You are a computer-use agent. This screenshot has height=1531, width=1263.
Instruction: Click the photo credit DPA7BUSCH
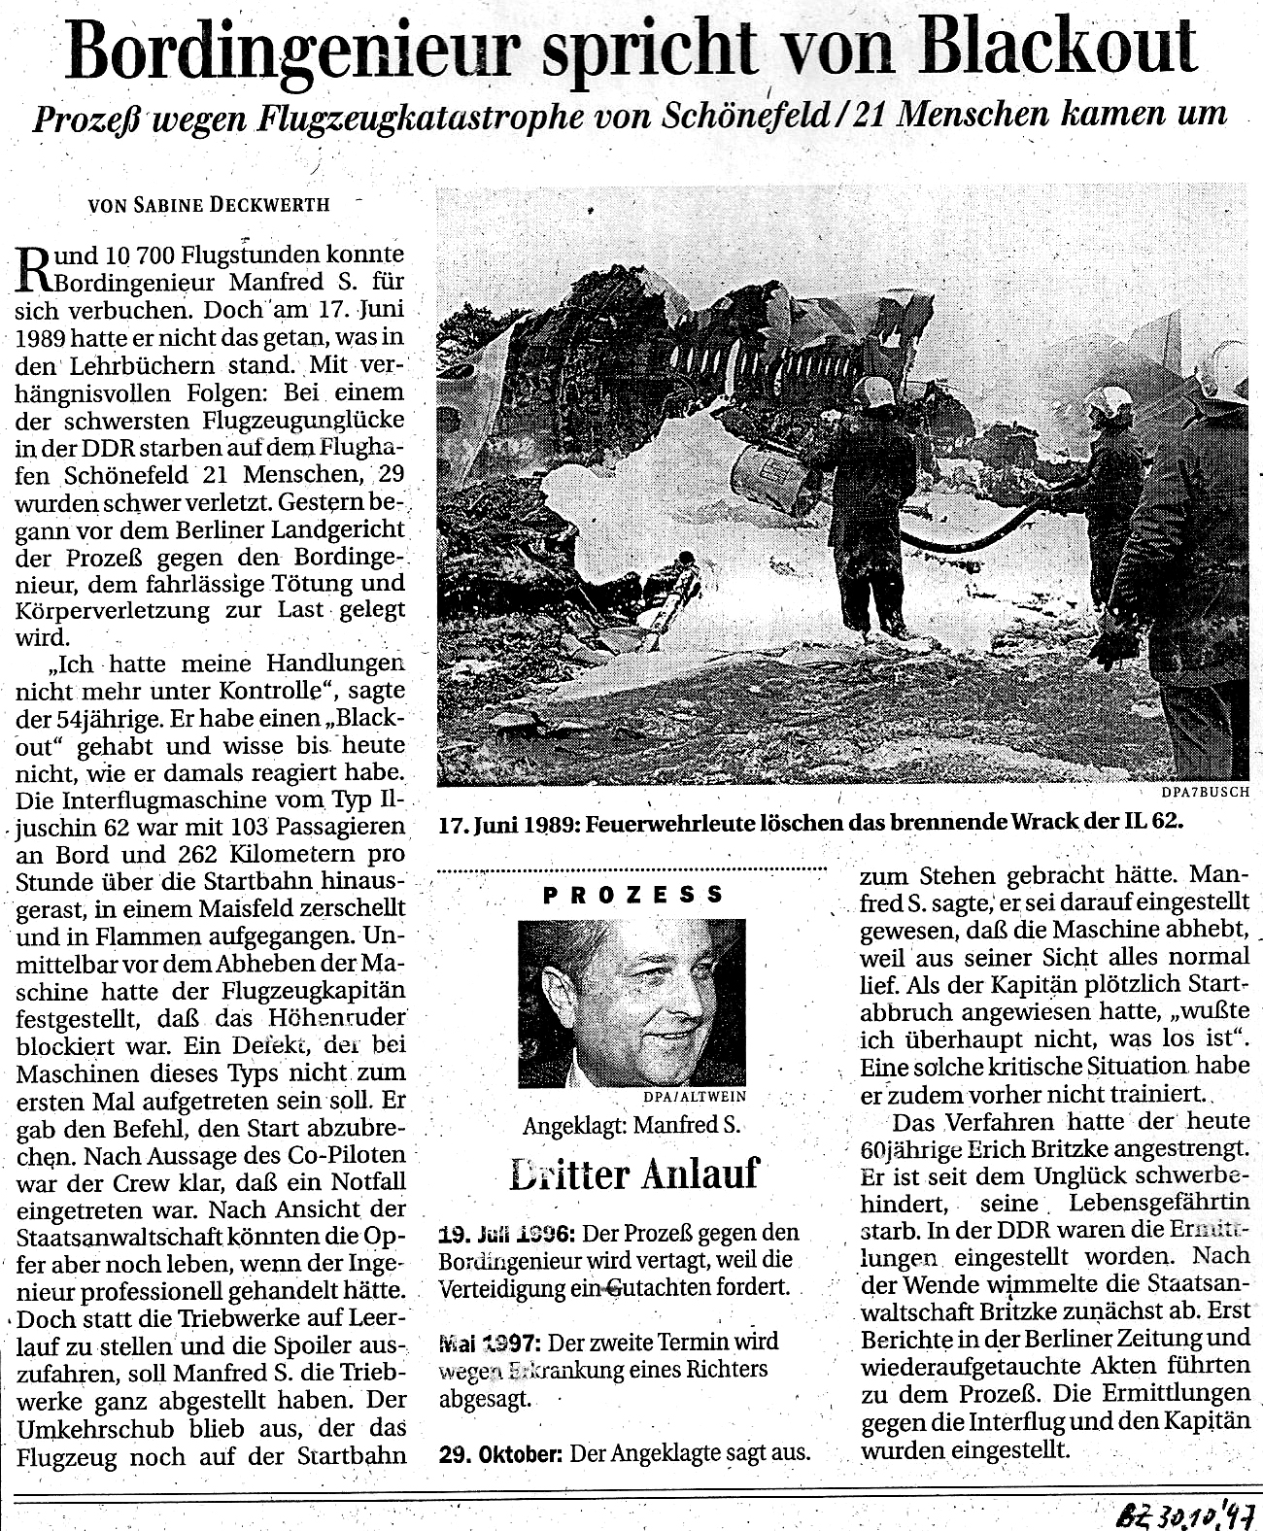click(1204, 791)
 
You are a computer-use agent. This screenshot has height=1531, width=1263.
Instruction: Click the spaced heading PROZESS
click(633, 896)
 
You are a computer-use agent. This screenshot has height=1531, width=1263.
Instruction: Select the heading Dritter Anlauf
click(633, 1174)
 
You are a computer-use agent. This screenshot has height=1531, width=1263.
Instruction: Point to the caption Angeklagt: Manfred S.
click(631, 1127)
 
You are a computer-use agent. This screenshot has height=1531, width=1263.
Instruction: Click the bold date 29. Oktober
click(500, 1454)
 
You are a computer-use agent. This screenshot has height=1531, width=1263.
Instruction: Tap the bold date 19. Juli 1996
click(505, 1233)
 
